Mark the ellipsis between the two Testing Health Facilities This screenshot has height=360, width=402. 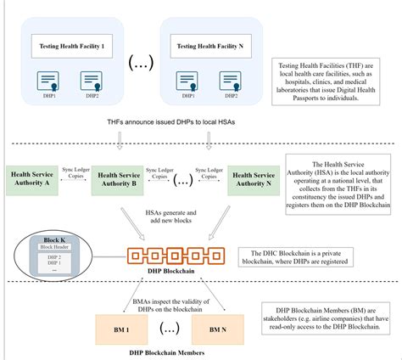tap(137, 65)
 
